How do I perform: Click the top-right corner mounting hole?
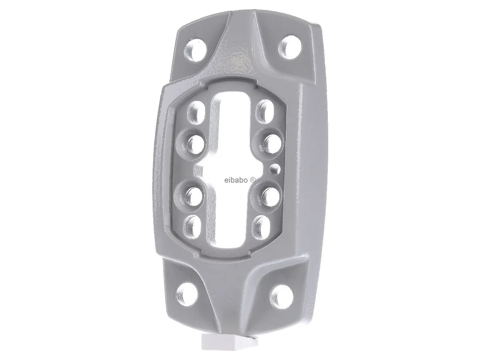(290, 47)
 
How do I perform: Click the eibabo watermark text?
(235, 180)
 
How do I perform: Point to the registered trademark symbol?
(253, 180)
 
